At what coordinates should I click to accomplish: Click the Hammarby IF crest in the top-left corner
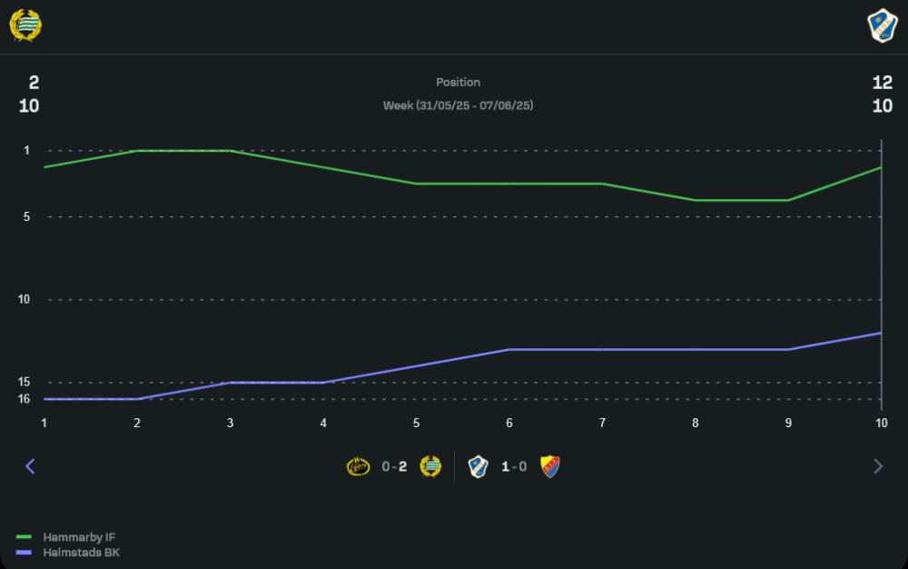[x=25, y=25]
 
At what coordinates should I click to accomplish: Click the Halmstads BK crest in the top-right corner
[x=882, y=25]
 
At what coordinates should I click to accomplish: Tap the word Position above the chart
[x=458, y=83]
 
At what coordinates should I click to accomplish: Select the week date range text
[x=458, y=105]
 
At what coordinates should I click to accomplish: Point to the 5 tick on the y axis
[x=26, y=217]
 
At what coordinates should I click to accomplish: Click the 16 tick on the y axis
[x=24, y=399]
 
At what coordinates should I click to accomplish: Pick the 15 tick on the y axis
[x=24, y=383]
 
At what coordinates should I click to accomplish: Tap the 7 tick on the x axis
[x=602, y=424]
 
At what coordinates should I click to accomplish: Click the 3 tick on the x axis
[x=231, y=424]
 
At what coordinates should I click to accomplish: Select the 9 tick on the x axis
[x=788, y=424]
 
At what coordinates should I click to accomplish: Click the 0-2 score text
[x=394, y=467]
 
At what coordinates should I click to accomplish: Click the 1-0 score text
[x=514, y=467]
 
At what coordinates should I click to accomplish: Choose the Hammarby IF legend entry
[x=78, y=537]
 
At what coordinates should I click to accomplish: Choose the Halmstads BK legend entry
[x=81, y=552]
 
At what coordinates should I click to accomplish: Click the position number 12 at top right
[x=882, y=83]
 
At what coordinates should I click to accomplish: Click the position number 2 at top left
[x=34, y=83]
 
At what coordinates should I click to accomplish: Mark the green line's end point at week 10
[x=881, y=167]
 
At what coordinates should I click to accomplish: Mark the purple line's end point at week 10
[x=881, y=333]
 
